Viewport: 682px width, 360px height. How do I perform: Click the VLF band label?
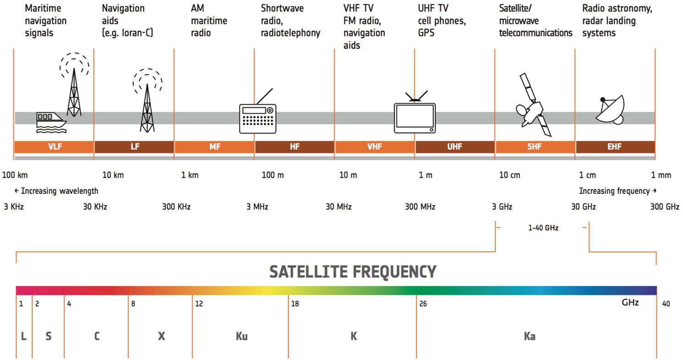click(55, 147)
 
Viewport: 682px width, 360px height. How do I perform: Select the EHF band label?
click(615, 147)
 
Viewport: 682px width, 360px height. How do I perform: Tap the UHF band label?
click(455, 147)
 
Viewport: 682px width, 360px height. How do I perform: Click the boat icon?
click(51, 122)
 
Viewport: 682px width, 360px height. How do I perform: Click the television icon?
click(415, 113)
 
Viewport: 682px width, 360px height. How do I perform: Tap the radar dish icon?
click(610, 109)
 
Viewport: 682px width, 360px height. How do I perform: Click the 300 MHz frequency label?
click(420, 207)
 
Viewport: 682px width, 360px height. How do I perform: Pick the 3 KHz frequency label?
click(14, 207)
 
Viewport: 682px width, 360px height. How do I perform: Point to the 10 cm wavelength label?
click(510, 175)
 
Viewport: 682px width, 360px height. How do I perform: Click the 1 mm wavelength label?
click(661, 175)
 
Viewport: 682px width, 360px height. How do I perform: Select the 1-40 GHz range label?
click(544, 228)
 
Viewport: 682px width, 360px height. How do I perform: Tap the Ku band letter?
click(242, 336)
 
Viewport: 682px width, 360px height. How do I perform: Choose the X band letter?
click(161, 336)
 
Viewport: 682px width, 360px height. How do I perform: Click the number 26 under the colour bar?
click(423, 304)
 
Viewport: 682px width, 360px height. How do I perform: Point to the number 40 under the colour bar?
click(666, 304)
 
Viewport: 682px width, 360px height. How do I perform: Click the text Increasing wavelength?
click(60, 191)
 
